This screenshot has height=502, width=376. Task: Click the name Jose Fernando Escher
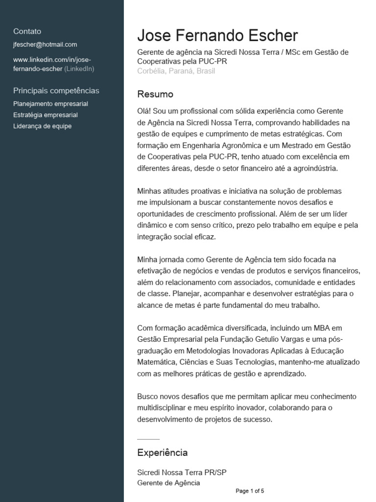(x=217, y=35)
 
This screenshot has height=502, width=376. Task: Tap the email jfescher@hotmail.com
(x=45, y=45)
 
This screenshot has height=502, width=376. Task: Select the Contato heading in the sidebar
(x=27, y=31)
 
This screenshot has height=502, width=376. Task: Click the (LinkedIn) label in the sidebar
(x=79, y=69)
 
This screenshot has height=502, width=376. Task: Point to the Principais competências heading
(x=56, y=91)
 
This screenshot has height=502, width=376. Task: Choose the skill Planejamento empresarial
(x=51, y=104)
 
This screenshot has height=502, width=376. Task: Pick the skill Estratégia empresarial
(x=46, y=115)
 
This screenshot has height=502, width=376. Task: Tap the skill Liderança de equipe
(x=43, y=126)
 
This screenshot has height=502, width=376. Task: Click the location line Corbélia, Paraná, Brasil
(x=176, y=71)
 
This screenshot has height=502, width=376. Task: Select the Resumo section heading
(x=155, y=94)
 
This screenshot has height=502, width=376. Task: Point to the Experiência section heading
(x=163, y=452)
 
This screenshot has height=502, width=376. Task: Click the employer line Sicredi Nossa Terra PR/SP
(x=182, y=473)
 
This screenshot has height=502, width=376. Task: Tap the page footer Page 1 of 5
(x=250, y=491)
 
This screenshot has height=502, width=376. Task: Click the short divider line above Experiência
(x=148, y=438)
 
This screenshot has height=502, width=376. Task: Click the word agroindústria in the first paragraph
(x=311, y=168)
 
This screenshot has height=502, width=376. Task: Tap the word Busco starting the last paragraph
(x=148, y=397)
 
